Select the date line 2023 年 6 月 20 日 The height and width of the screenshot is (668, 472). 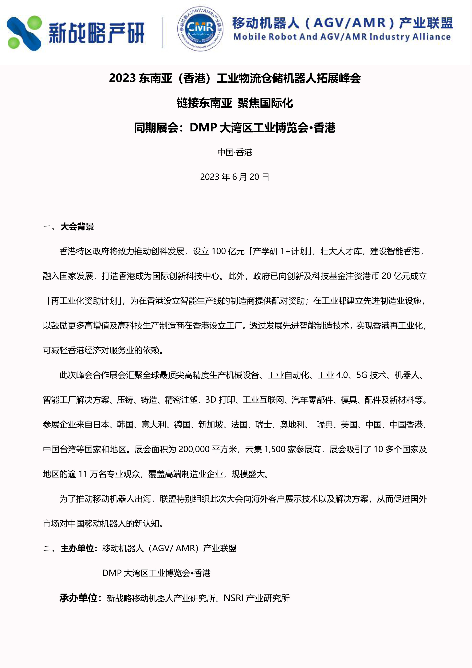click(234, 177)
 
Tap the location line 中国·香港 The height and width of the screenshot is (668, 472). click(234, 152)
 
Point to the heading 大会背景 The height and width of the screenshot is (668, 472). click(77, 227)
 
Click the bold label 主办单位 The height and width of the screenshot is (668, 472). click(77, 548)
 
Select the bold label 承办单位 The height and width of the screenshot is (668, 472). click(78, 598)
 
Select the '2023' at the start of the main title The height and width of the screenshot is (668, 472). click(122, 78)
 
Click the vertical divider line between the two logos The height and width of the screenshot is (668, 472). click(163, 33)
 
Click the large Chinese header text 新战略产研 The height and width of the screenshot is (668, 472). click(96, 33)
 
